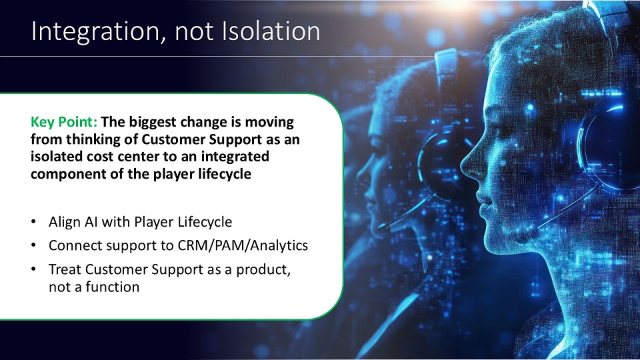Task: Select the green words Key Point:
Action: tap(64, 122)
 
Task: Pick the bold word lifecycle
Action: tap(225, 174)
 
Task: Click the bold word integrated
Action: tap(235, 157)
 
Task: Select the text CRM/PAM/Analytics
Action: tap(243, 245)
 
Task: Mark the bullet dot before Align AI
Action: tap(33, 222)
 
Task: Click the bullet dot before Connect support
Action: tap(33, 246)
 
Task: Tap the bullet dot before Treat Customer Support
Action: tap(33, 269)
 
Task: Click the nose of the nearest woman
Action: tap(470, 165)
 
